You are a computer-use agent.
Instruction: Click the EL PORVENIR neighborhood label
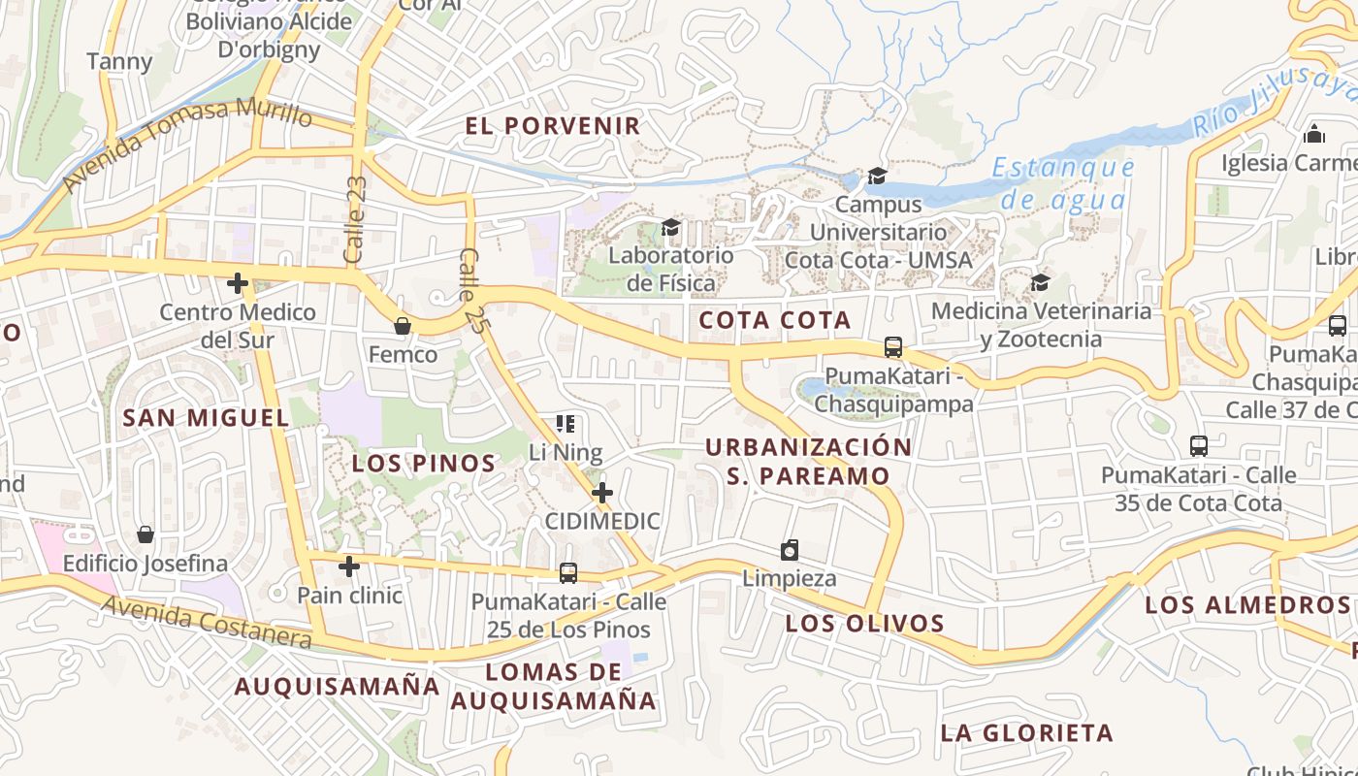(553, 125)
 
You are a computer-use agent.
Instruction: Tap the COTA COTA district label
(774, 320)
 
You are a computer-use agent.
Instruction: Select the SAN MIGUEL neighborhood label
(207, 418)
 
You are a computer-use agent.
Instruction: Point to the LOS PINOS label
(424, 464)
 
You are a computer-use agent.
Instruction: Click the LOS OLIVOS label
(864, 623)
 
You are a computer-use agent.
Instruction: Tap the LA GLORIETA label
(1026, 732)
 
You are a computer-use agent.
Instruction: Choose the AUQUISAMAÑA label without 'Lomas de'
(338, 686)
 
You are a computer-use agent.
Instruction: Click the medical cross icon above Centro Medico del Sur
(238, 284)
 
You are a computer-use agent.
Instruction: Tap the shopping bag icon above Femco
(403, 326)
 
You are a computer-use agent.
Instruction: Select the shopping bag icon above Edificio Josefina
(145, 534)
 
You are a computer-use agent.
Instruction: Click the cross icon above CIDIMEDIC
(602, 493)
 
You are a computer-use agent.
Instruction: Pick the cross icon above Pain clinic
(349, 566)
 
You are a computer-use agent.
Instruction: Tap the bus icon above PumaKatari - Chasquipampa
(893, 347)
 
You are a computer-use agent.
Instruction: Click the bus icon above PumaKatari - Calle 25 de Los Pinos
(568, 573)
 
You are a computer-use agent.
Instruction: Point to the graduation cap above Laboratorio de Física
(670, 228)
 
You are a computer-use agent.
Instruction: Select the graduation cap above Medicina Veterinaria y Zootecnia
(1041, 282)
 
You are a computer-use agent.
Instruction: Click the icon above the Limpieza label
(790, 551)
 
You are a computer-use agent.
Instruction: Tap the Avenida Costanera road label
(209, 622)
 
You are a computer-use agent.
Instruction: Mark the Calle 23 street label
(355, 219)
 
